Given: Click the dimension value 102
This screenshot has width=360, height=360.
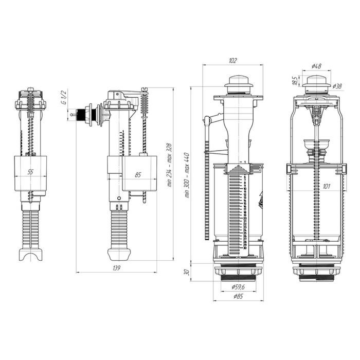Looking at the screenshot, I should [232, 61].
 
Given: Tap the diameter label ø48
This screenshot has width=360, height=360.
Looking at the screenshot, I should [317, 66].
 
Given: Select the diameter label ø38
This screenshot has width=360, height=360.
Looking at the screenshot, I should [337, 86].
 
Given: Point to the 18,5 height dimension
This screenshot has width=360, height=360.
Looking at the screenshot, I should [294, 82].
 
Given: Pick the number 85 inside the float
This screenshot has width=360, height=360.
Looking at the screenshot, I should [138, 175].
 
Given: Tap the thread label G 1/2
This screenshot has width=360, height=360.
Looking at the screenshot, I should [63, 97].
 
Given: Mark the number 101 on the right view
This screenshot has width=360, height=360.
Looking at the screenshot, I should [326, 187].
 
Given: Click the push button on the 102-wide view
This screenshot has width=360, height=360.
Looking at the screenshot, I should [237, 82].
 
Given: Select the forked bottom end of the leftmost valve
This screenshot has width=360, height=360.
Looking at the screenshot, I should [32, 255].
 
